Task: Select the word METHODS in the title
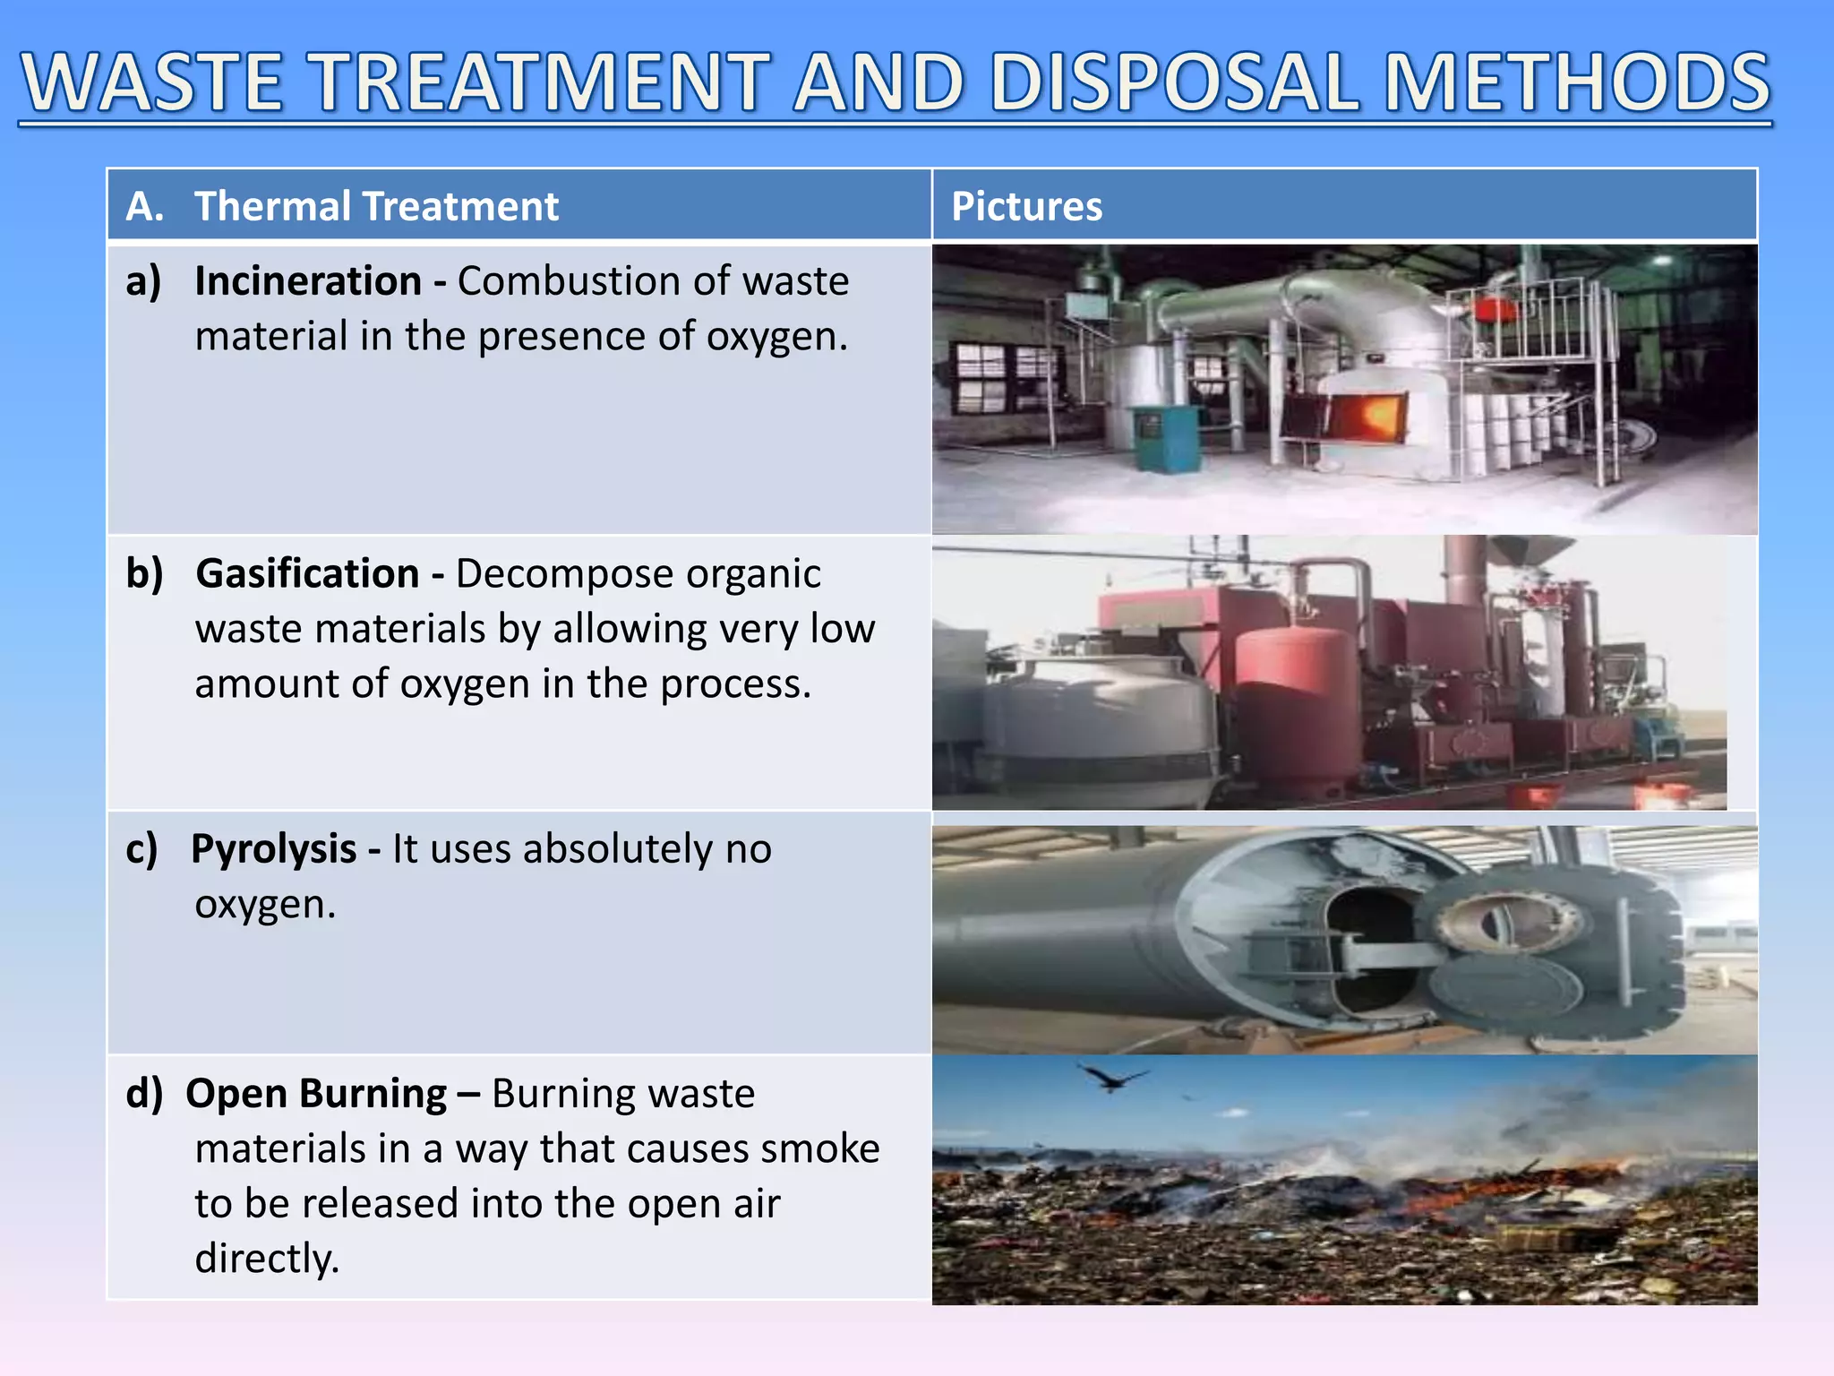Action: click(1578, 82)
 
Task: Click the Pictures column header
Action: click(1026, 206)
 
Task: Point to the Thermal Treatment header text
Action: click(376, 206)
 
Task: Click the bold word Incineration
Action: click(308, 281)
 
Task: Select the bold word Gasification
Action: click(307, 573)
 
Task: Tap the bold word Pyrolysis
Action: click(274, 848)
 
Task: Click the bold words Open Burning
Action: click(316, 1094)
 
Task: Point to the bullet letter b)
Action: click(144, 573)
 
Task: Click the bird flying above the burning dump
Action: click(1113, 1077)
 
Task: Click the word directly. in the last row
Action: click(267, 1259)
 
